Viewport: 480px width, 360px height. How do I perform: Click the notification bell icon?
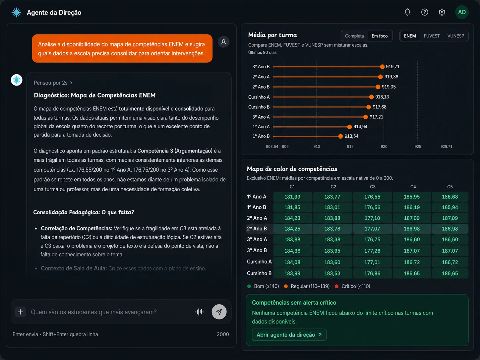[407, 12]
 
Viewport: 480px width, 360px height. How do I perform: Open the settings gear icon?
[442, 12]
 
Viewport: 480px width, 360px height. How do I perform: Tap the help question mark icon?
[424, 12]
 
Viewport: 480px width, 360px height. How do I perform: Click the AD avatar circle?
[462, 12]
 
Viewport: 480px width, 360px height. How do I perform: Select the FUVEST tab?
[432, 36]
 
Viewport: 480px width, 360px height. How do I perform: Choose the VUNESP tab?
[455, 36]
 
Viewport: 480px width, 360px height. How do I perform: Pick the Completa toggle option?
[354, 36]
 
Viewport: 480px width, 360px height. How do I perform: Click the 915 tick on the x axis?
[350, 147]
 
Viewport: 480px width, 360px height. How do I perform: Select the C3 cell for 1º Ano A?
[372, 197]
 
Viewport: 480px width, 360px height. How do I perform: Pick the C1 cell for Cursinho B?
[292, 273]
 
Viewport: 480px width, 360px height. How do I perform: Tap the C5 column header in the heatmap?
[450, 187]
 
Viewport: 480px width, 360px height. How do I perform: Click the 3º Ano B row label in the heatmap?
[257, 251]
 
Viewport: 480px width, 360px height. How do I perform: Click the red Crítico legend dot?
[336, 286]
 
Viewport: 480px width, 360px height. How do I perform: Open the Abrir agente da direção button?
[289, 335]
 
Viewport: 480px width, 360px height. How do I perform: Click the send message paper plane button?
[219, 312]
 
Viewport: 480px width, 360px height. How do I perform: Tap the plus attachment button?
[20, 312]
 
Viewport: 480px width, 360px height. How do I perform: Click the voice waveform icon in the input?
[199, 312]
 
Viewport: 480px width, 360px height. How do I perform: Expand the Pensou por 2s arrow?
[71, 83]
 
